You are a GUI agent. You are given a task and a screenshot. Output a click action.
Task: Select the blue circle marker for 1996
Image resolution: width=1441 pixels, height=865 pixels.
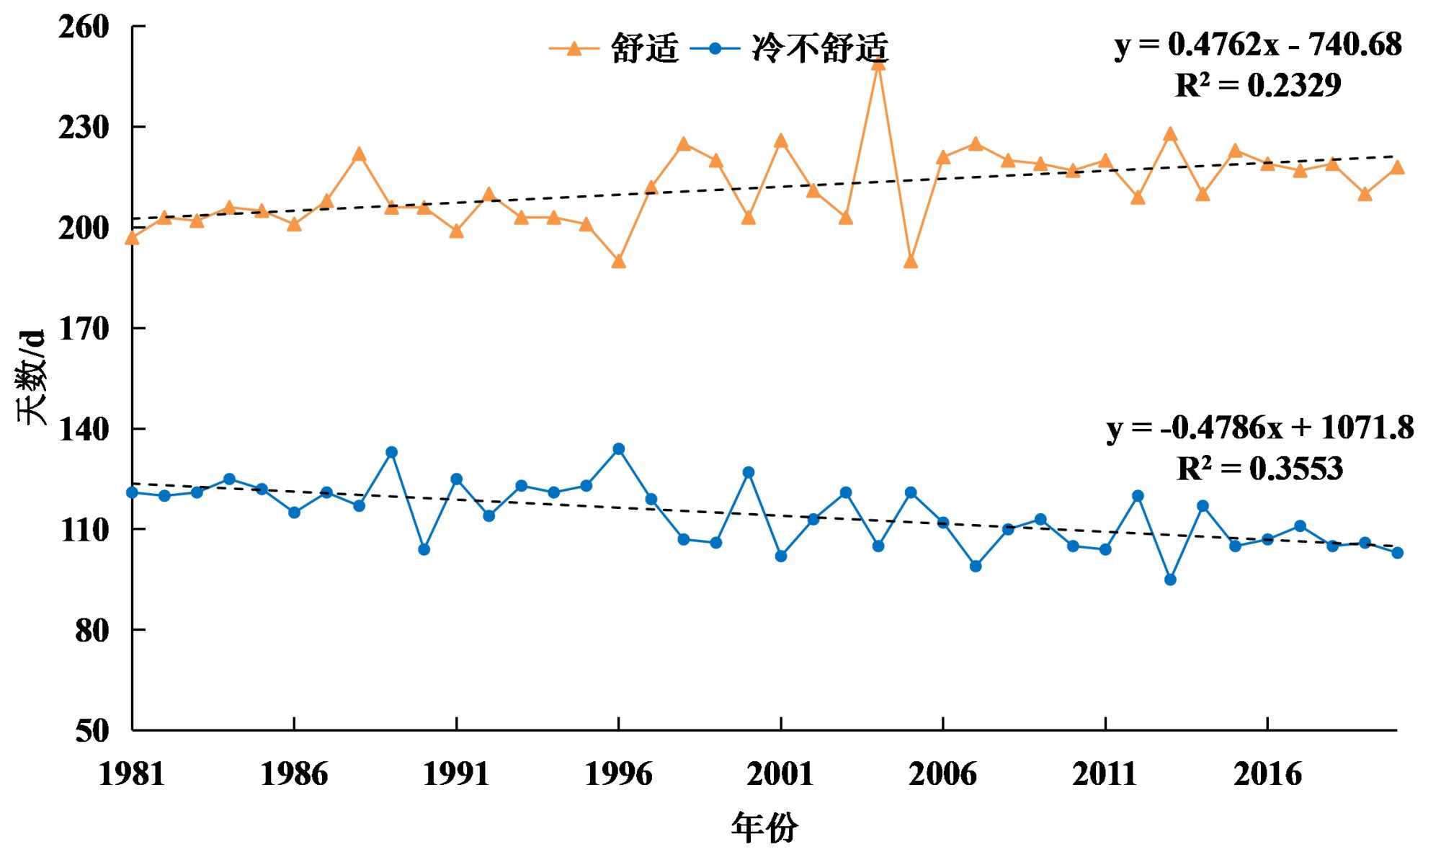[618, 449]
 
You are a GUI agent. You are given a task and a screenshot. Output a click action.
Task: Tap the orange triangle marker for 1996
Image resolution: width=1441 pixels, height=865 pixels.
[618, 262]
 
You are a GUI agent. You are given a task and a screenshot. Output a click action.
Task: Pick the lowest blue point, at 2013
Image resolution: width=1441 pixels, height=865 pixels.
[1170, 580]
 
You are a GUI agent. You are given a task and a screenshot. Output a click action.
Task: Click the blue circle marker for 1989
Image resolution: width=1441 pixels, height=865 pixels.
[391, 453]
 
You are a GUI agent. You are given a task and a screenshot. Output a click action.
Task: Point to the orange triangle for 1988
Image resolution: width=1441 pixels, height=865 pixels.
[359, 155]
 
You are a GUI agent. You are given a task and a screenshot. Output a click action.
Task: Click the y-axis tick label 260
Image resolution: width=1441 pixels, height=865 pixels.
[83, 27]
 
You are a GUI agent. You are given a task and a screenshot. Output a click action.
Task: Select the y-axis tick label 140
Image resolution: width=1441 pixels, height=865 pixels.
[83, 430]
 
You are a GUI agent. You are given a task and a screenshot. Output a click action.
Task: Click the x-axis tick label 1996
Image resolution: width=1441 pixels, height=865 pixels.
[618, 774]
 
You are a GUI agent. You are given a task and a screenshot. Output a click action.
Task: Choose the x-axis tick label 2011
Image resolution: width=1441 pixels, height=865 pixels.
[1105, 774]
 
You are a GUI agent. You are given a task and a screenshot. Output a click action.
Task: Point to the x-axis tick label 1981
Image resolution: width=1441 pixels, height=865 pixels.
[132, 774]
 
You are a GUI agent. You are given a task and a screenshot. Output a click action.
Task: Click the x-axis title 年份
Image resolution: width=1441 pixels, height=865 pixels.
[764, 828]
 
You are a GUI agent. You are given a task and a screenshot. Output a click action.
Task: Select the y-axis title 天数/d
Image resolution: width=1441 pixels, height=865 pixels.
[32, 377]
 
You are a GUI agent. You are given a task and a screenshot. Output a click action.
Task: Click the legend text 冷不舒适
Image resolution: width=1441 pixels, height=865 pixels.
[820, 48]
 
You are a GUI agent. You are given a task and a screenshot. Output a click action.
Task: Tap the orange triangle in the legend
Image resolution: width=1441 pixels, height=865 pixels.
[574, 49]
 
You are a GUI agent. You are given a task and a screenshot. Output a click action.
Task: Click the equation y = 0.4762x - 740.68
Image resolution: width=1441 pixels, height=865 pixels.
[1257, 45]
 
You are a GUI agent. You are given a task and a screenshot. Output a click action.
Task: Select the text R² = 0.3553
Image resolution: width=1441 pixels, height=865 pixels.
[1259, 469]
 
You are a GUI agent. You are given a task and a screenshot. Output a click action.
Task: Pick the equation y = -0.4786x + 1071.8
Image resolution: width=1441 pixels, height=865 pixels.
[1259, 428]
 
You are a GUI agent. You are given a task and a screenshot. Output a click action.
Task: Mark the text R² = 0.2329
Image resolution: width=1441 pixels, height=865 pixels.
[1258, 85]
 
